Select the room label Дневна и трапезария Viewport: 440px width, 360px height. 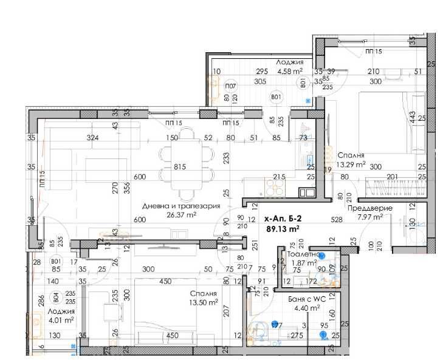(x=180, y=206)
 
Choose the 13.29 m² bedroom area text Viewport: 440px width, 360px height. (x=351, y=163)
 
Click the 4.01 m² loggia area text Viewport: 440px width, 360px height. (x=61, y=320)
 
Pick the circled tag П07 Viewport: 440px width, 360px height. (x=230, y=86)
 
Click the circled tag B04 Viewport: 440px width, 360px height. (x=55, y=297)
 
